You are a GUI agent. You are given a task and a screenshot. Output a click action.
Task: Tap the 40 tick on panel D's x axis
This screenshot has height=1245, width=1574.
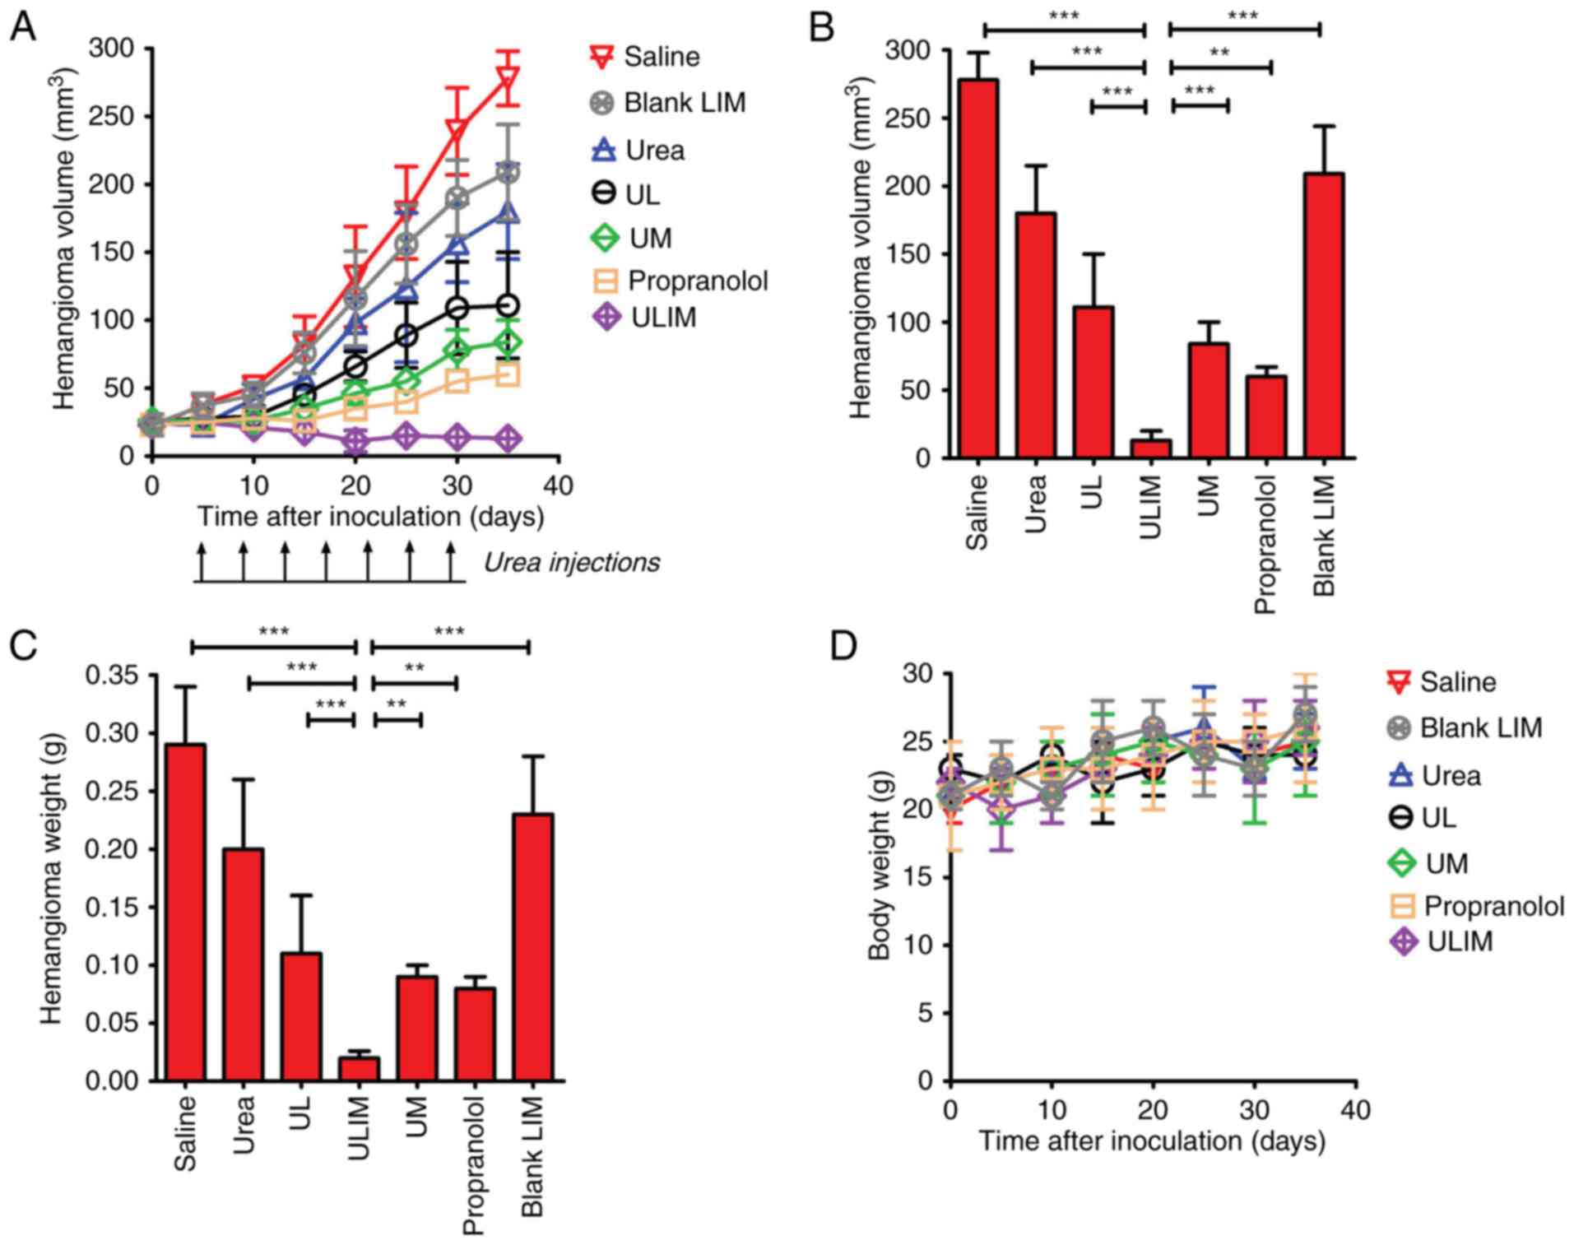1355,1110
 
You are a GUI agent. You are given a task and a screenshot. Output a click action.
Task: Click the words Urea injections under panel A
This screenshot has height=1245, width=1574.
571,563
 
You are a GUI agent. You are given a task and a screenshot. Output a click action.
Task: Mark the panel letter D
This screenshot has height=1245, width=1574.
845,647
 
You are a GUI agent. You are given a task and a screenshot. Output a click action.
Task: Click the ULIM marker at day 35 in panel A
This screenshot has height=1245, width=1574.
508,439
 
